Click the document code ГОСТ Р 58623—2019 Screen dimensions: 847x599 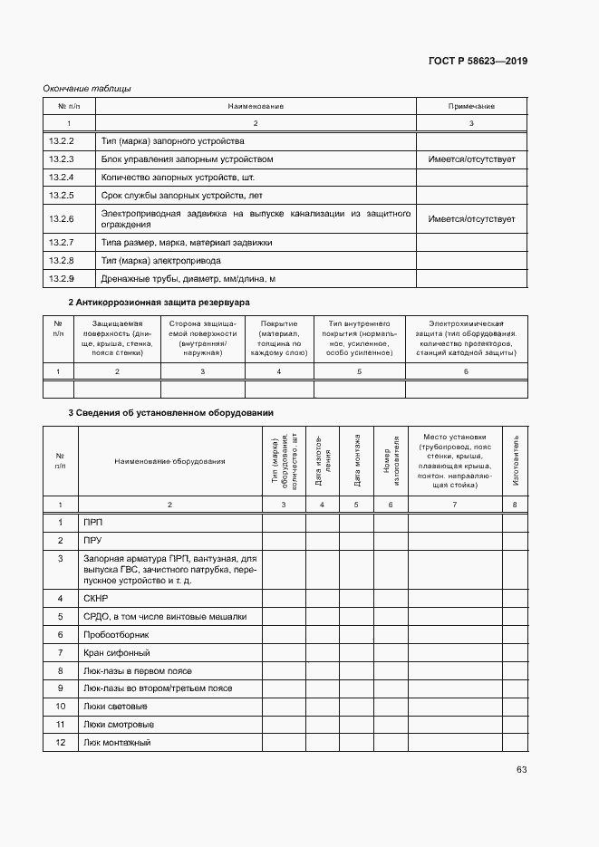[x=478, y=62]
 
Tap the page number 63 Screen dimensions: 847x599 [x=521, y=770]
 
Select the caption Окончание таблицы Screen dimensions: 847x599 [x=88, y=89]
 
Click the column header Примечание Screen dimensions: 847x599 [x=471, y=106]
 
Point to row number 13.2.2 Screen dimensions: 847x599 [x=61, y=141]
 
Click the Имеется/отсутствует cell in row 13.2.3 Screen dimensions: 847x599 [x=471, y=159]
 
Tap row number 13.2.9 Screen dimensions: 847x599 [x=61, y=279]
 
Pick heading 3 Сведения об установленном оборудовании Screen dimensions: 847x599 [x=171, y=413]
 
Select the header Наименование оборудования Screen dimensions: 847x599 [x=169, y=461]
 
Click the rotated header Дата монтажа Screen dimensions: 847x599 [x=356, y=461]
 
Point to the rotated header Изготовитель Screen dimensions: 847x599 [x=516, y=461]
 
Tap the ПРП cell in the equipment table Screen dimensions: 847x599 [x=93, y=523]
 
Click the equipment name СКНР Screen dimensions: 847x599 [x=96, y=599]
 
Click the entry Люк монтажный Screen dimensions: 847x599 [x=116, y=743]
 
